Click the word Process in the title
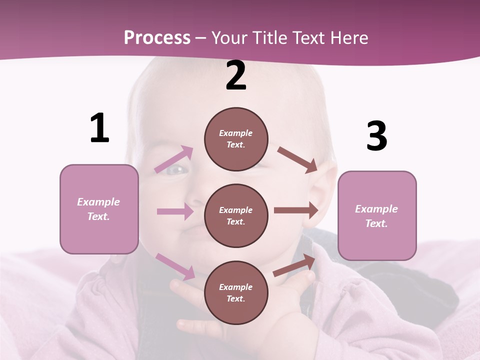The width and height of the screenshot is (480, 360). [x=157, y=37]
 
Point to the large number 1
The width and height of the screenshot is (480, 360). [x=99, y=128]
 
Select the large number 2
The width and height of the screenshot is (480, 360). [x=236, y=75]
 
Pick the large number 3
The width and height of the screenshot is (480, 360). [x=376, y=136]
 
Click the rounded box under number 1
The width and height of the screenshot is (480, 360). [x=99, y=209]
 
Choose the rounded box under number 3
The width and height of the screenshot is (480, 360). [x=377, y=216]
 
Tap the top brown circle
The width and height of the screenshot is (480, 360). [x=236, y=139]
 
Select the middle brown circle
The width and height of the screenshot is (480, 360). [x=236, y=215]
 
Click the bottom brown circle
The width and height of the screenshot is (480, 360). [x=236, y=292]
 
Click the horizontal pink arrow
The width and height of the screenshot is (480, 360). [x=175, y=211]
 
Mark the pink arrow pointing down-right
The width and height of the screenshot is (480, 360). [x=175, y=266]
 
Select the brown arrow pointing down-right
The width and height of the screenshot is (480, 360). [x=297, y=159]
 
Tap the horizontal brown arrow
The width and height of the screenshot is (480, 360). [x=296, y=210]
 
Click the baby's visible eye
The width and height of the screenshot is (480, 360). [x=176, y=170]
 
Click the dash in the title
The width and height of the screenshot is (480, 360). [x=201, y=38]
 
